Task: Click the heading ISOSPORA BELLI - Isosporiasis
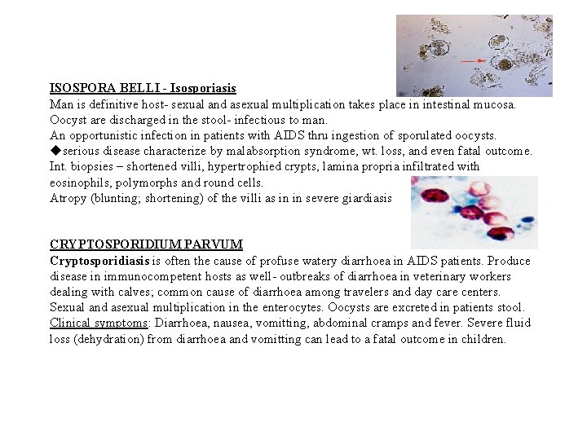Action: pos(143,88)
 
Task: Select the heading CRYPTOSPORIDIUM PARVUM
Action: pos(146,244)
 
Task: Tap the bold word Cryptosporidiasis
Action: pos(99,261)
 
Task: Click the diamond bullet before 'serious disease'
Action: pos(55,151)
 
